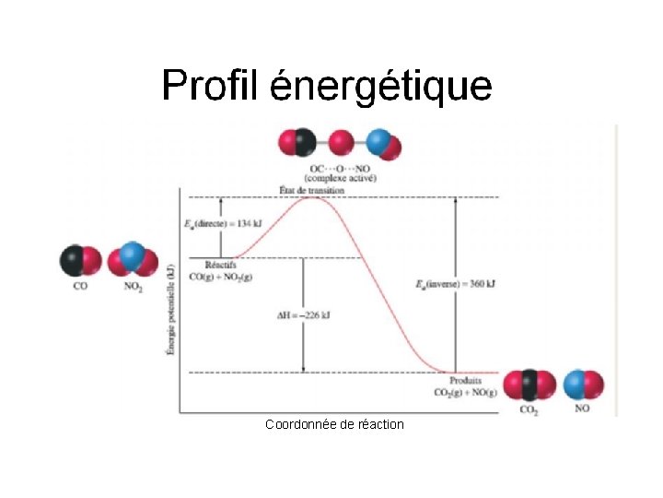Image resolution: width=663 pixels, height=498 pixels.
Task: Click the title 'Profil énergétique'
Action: pyautogui.click(x=327, y=87)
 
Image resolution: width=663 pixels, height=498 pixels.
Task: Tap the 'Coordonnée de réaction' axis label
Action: pyautogui.click(x=334, y=424)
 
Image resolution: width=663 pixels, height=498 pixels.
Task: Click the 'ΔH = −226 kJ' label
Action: pyautogui.click(x=303, y=315)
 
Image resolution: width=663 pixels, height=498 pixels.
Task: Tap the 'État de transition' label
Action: pyautogui.click(x=311, y=190)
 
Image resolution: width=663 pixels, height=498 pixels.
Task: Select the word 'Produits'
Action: pyautogui.click(x=466, y=381)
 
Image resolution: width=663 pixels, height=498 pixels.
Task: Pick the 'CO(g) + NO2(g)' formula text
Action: pyautogui.click(x=221, y=277)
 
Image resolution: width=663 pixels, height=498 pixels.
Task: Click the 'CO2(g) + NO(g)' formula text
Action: pyautogui.click(x=465, y=393)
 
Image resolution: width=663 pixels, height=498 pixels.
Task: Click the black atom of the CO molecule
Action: pyautogui.click(x=72, y=260)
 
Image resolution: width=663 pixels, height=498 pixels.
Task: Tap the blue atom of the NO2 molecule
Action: pyautogui.click(x=132, y=255)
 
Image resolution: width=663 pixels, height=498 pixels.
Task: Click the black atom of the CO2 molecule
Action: pyautogui.click(x=529, y=384)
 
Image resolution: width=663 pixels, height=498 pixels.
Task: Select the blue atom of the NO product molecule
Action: pyautogui.click(x=575, y=385)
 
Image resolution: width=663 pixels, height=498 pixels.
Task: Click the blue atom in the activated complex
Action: pyautogui.click(x=378, y=142)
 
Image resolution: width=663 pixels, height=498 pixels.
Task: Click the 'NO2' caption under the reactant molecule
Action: pyautogui.click(x=134, y=286)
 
